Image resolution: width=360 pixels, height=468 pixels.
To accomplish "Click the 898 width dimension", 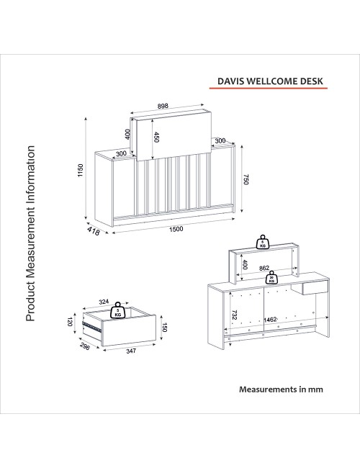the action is tap(163, 106).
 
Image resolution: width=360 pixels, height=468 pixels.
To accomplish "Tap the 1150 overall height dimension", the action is tap(81, 170).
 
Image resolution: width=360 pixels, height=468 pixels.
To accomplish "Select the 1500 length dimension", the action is tap(176, 229).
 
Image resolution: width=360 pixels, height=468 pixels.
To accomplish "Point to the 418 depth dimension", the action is tap(94, 230).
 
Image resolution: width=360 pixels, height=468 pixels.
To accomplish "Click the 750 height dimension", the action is tap(246, 179).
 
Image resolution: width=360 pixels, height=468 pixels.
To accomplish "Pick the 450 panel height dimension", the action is tap(156, 138).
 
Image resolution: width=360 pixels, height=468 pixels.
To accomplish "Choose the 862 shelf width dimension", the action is tap(264, 268).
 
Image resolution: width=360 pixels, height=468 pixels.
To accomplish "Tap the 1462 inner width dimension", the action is tap(270, 320).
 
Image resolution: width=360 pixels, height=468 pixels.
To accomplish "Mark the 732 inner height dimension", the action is tap(234, 315).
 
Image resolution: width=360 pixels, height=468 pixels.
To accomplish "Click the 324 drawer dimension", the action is tap(104, 302).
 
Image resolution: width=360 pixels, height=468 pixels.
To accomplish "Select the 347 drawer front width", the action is tap(131, 351).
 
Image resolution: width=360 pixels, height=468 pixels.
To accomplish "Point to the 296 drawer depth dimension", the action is tap(85, 346).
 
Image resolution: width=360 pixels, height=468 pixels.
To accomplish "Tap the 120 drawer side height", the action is tap(70, 322).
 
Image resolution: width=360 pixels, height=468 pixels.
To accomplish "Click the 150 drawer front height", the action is tap(165, 327).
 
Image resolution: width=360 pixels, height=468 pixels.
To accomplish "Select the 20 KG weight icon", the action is tap(271, 278).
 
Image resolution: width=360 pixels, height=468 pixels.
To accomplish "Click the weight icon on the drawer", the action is tap(117, 311).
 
